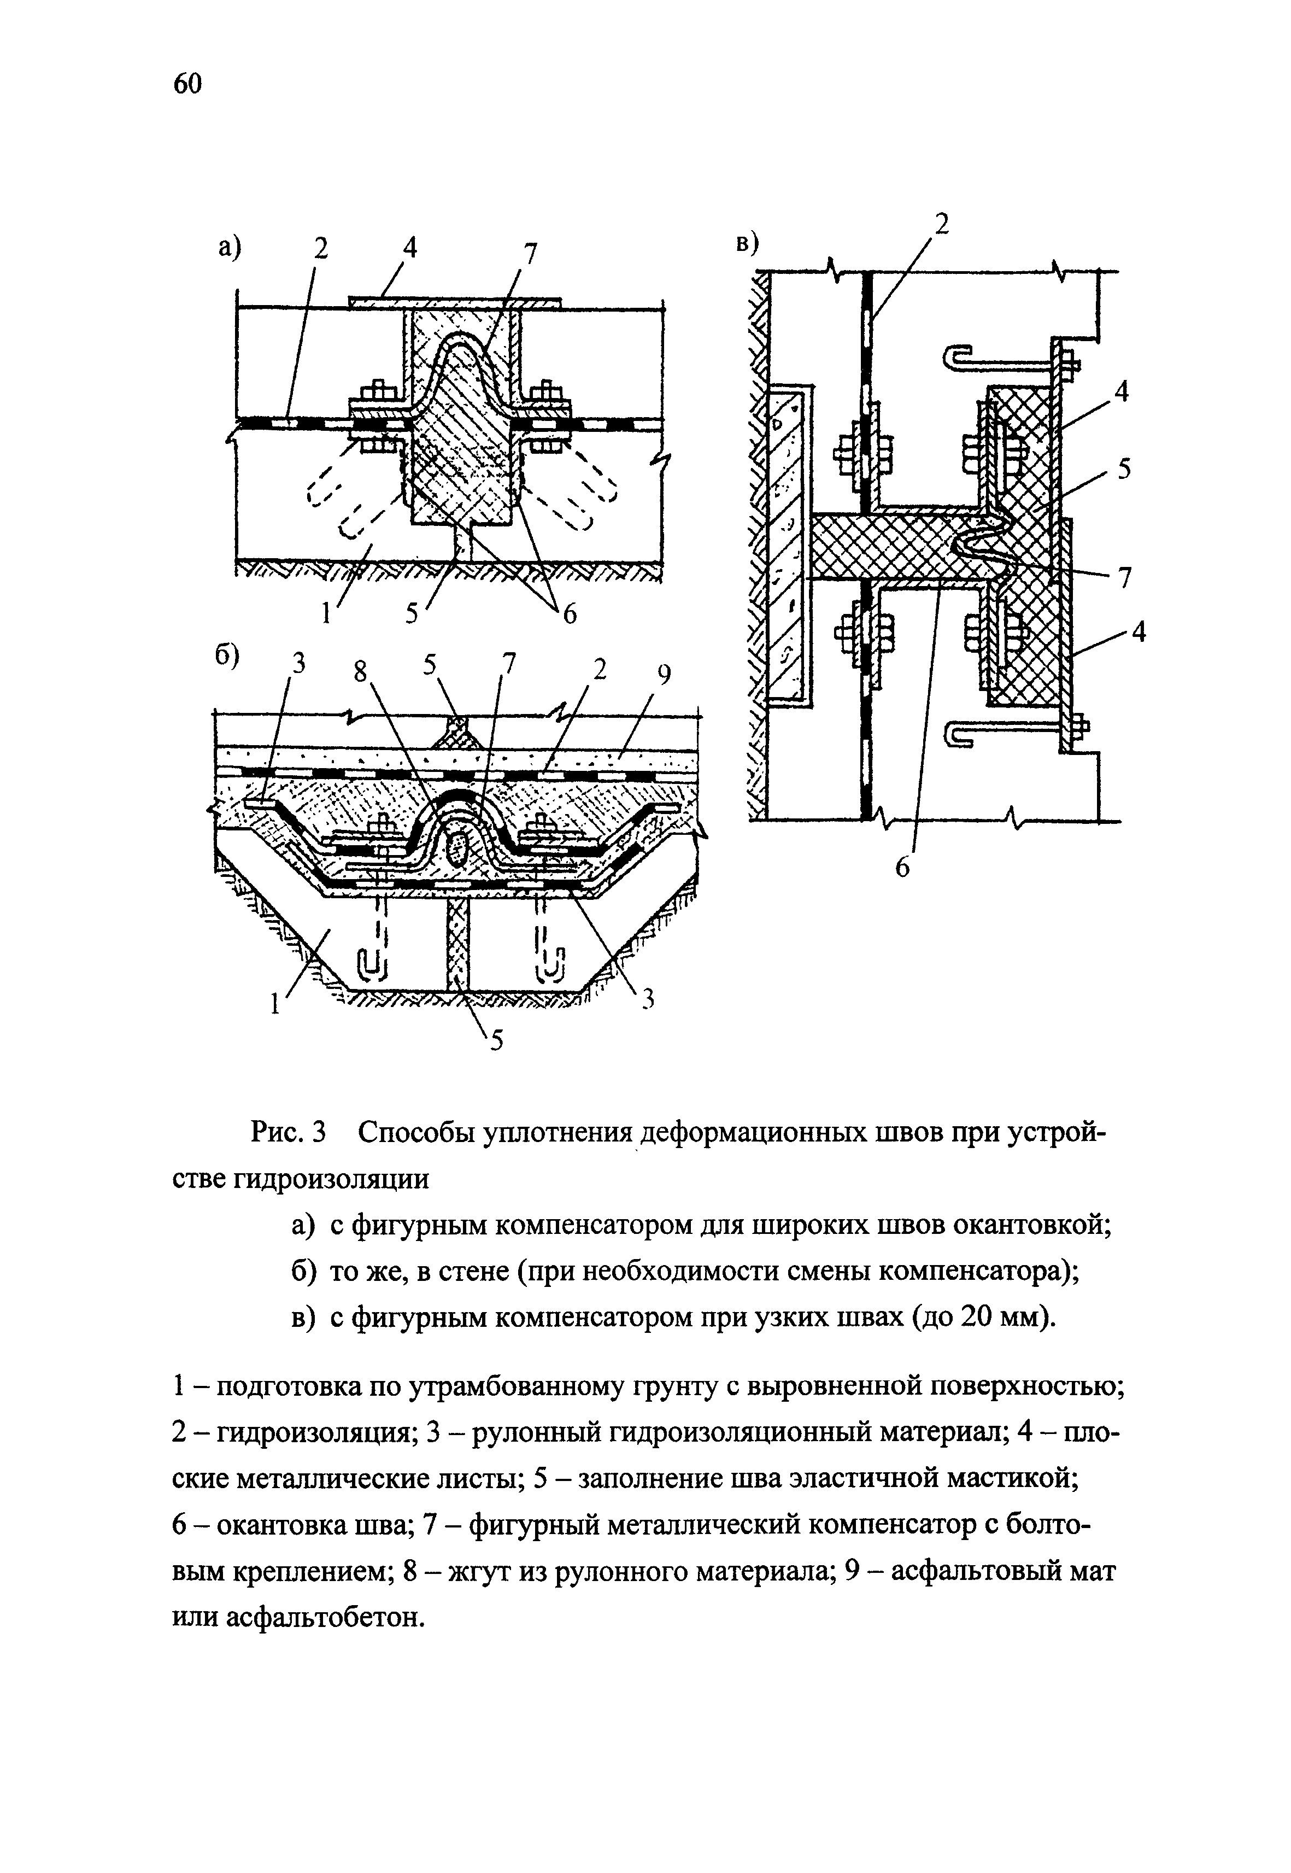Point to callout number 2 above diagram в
[941, 224]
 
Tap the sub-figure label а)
[229, 246]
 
